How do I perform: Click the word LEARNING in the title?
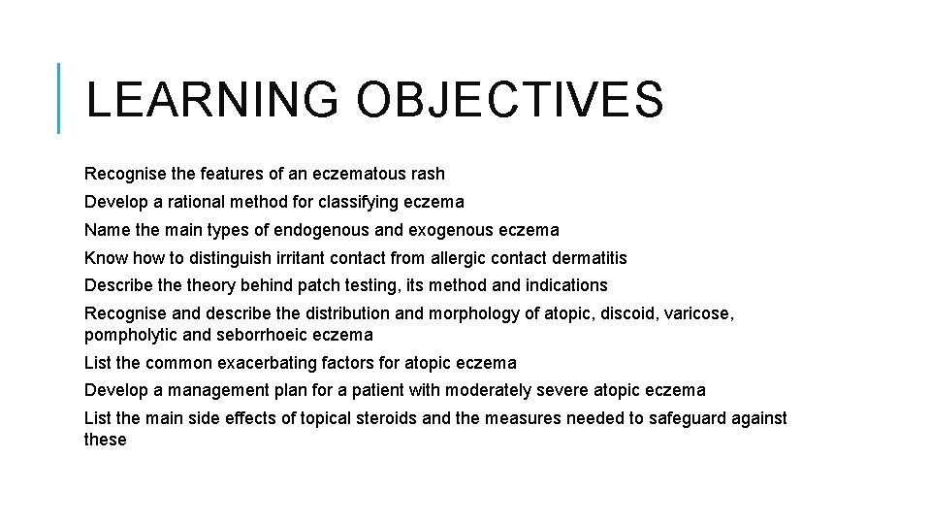[x=211, y=100]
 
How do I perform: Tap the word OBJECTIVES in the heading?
[x=510, y=100]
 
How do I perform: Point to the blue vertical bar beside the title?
[x=59, y=98]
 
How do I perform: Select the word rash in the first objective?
[x=428, y=174]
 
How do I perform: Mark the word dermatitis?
[x=587, y=258]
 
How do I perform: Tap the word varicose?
[x=700, y=313]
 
